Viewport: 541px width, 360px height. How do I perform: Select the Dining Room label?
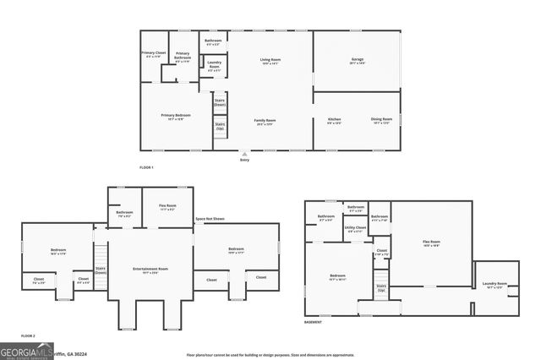(x=380, y=121)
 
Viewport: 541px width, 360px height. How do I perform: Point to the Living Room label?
(x=270, y=61)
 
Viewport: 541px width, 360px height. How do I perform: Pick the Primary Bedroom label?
(x=176, y=117)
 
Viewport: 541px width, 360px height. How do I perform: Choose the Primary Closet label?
(x=153, y=55)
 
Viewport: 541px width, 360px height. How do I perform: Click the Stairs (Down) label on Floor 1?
(x=220, y=102)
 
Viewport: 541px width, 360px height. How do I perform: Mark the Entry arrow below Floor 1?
(x=244, y=155)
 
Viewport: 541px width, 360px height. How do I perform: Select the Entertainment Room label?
(x=150, y=270)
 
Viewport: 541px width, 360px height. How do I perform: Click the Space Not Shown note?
(x=210, y=219)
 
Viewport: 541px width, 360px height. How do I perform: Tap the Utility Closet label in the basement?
(x=355, y=229)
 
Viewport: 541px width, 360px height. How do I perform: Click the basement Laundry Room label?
(x=495, y=285)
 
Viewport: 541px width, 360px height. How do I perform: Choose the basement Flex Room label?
(x=431, y=243)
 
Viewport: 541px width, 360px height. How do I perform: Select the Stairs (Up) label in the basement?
(x=381, y=288)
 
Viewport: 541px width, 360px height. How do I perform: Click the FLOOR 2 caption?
(x=29, y=336)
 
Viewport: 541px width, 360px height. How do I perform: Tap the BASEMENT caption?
(x=314, y=323)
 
